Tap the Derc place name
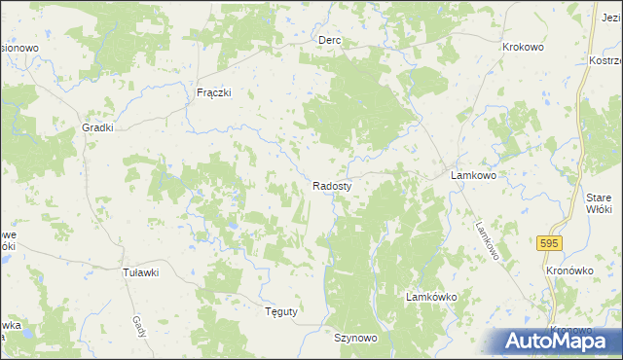click(x=329, y=41)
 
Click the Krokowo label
click(x=523, y=47)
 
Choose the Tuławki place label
click(x=140, y=272)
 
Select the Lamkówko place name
click(x=431, y=295)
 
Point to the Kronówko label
click(x=571, y=270)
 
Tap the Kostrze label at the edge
click(x=605, y=60)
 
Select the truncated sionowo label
click(x=19, y=47)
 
